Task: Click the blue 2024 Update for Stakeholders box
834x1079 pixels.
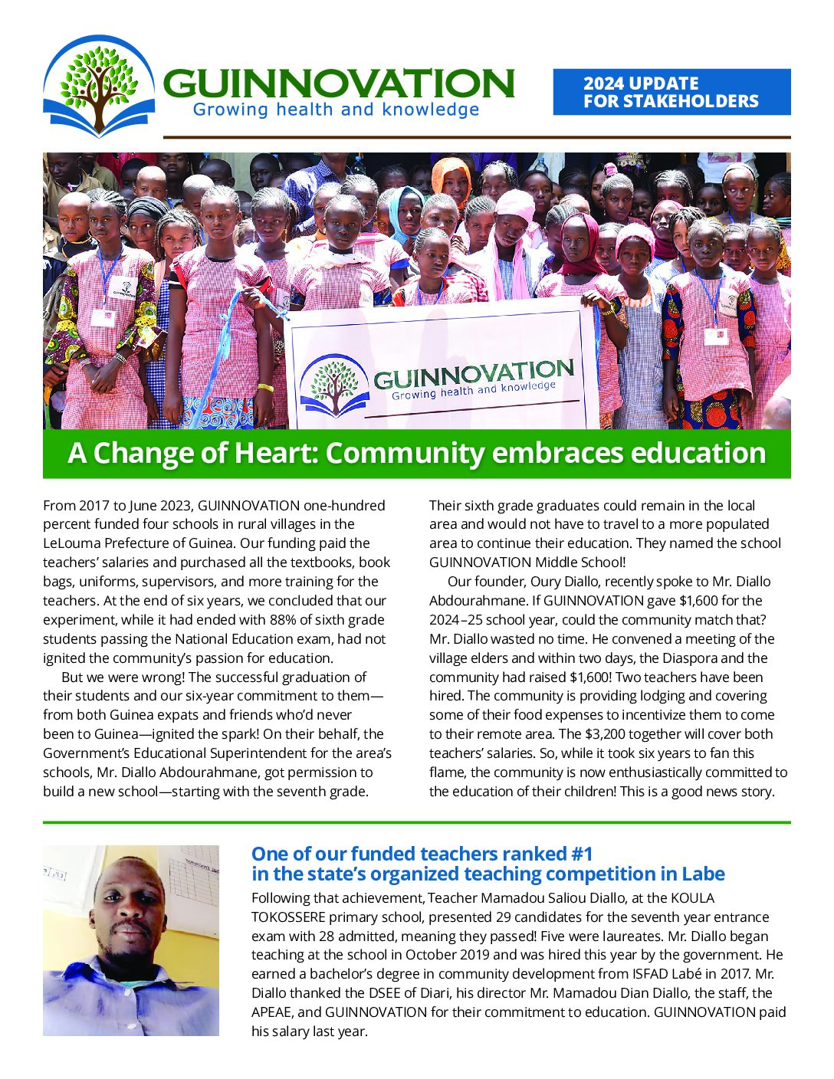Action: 671,92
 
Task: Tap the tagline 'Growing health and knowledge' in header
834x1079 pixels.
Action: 336,110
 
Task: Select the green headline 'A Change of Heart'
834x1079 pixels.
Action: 416,453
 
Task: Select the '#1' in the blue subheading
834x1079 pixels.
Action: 577,854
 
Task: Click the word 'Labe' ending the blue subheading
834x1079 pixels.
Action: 702,874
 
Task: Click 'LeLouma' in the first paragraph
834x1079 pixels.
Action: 71,543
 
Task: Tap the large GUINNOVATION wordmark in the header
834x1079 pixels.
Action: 337,83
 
